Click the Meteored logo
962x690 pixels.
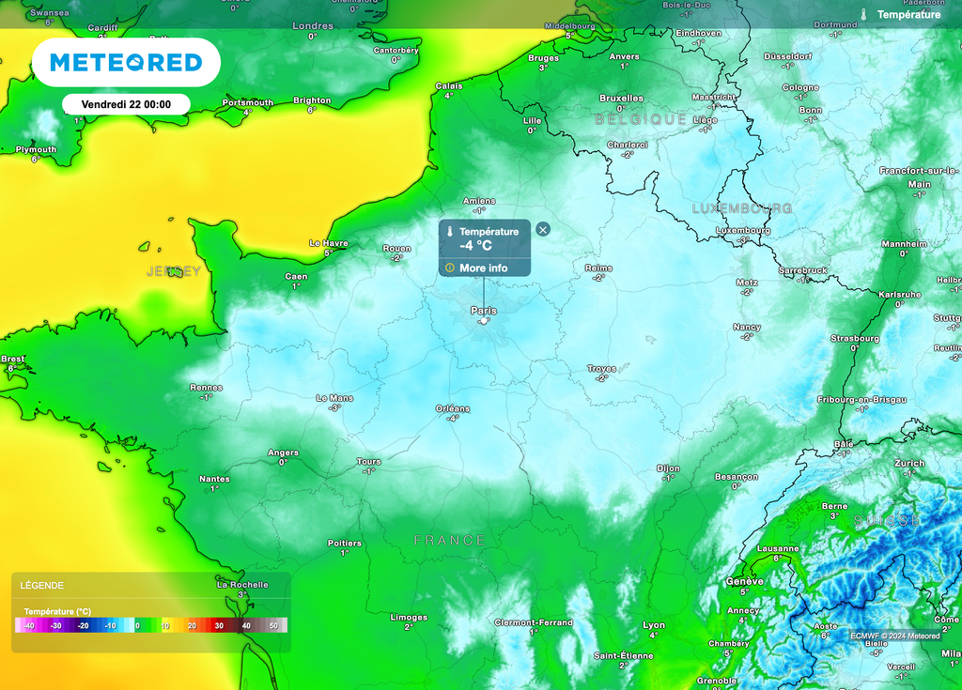tap(126, 63)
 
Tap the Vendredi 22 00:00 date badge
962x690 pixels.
tap(126, 104)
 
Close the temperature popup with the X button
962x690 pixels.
tap(543, 229)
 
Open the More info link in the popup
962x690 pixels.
tap(483, 268)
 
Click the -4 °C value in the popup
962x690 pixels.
tap(475, 246)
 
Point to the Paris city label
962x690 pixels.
tap(484, 310)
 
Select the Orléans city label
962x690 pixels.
tap(453, 408)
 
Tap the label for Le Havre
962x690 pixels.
tap(329, 243)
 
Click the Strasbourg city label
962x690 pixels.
tap(855, 338)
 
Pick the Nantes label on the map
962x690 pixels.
tap(214, 479)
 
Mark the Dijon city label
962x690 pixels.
tap(668, 468)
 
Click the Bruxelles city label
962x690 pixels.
tap(622, 98)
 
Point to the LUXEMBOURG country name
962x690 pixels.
tap(742, 208)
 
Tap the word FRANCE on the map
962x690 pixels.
tap(450, 541)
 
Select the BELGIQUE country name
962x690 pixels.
tap(641, 119)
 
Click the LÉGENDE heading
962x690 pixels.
tap(42, 585)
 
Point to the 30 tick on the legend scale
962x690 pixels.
tap(218, 625)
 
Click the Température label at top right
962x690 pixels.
tap(908, 15)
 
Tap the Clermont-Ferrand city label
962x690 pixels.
tap(534, 622)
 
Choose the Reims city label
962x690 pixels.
tap(598, 268)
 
